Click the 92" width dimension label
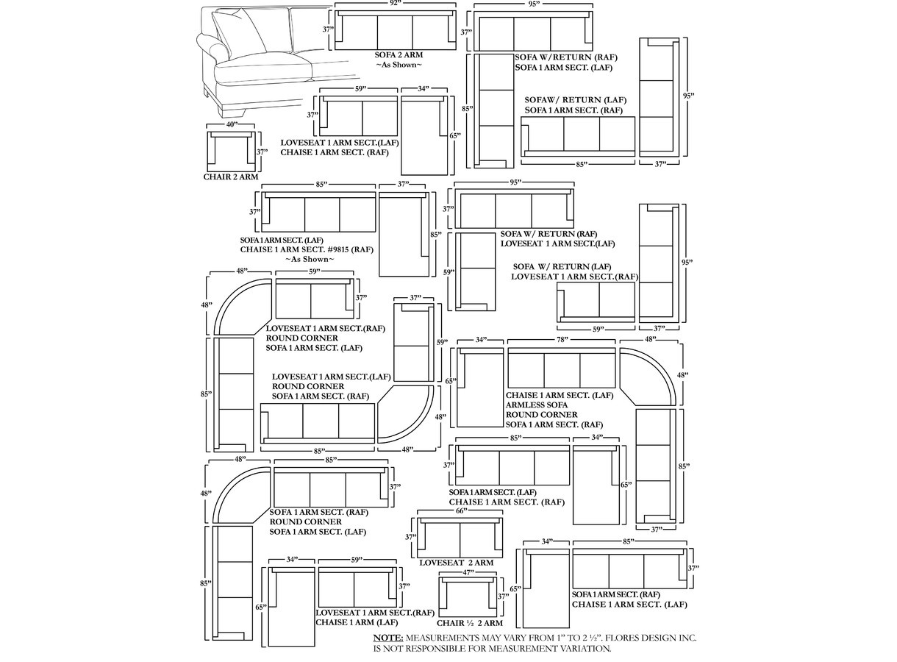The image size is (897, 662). (x=396, y=3)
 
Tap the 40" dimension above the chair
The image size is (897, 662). (x=232, y=124)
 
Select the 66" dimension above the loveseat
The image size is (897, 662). (x=462, y=511)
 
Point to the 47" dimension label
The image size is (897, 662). (x=468, y=573)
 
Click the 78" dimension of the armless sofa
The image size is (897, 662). (x=562, y=339)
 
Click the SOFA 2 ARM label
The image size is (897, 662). (x=399, y=55)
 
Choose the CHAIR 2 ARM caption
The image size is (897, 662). (x=231, y=177)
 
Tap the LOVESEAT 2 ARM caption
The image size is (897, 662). (x=457, y=563)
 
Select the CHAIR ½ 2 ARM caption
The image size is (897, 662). (x=469, y=623)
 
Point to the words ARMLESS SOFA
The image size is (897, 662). (x=537, y=405)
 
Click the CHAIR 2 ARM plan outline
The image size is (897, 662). (x=231, y=152)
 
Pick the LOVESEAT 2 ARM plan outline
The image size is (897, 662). (x=460, y=538)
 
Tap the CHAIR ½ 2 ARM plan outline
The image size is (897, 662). (x=468, y=597)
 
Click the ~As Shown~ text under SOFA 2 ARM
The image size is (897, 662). (x=399, y=65)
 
